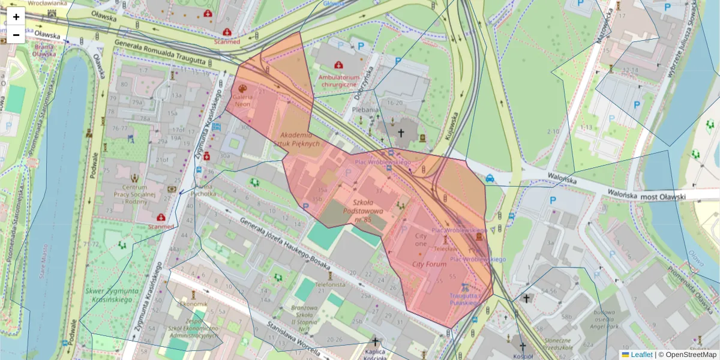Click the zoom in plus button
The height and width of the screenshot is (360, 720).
pyautogui.click(x=16, y=17)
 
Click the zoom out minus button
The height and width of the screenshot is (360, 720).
pyautogui.click(x=16, y=35)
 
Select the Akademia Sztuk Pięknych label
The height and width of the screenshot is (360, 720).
pyautogui.click(x=304, y=139)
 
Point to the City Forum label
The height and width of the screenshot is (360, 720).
pyautogui.click(x=429, y=264)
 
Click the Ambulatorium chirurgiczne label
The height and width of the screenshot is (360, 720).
pyautogui.click(x=339, y=81)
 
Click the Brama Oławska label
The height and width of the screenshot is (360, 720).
pyautogui.click(x=44, y=50)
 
